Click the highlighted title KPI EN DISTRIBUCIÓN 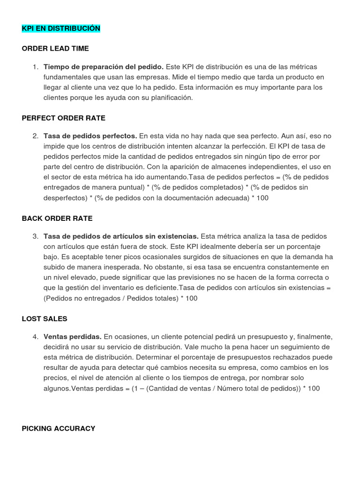(61, 29)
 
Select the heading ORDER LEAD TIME (55, 48)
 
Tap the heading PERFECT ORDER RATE (64, 118)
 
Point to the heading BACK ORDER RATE (57, 218)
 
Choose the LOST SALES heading (45, 319)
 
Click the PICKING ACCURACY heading (59, 428)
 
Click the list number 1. (36, 67)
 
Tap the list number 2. (36, 136)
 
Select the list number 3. (36, 236)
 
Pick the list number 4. (36, 337)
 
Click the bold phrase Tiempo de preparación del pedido (104, 67)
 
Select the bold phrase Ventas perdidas (73, 337)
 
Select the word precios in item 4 (55, 378)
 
